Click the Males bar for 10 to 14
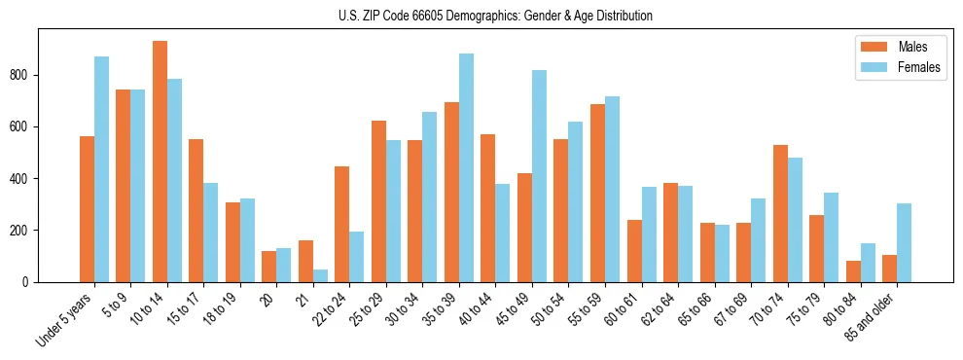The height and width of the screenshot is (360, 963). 160,162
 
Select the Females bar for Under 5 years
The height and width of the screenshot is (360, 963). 101,169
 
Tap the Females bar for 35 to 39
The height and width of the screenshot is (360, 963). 467,167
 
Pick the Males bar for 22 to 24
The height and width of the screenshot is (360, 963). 342,224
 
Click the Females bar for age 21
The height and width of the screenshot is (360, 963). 320,275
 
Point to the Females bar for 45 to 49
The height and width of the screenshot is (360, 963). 540,176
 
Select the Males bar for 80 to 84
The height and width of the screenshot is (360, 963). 853,271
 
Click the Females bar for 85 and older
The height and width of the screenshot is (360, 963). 905,242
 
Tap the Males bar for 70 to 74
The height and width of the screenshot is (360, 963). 780,213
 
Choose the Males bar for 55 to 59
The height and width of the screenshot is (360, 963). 597,193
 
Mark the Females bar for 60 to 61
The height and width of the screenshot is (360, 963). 649,234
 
